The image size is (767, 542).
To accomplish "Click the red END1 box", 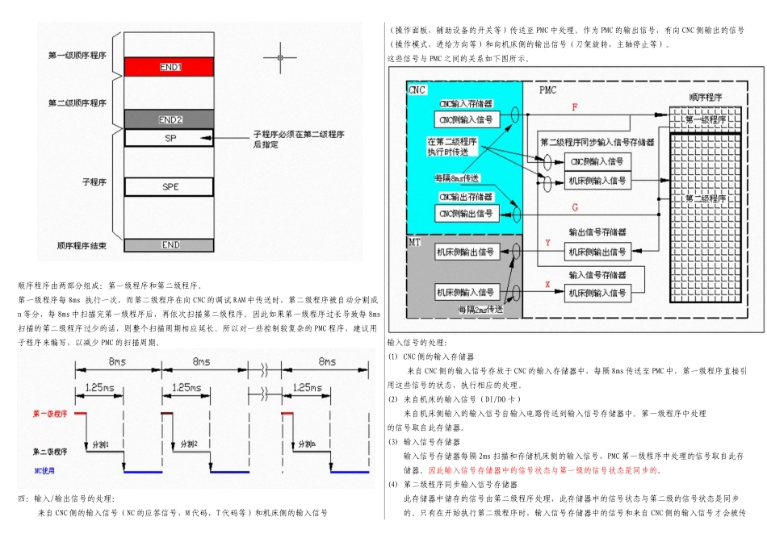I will [169, 66].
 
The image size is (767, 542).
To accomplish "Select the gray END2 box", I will [169, 119].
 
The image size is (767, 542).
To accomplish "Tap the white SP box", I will [169, 138].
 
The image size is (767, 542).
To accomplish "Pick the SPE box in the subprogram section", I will [169, 186].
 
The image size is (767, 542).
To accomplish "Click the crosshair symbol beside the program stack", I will [279, 58].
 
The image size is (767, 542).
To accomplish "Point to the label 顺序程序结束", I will [82, 244].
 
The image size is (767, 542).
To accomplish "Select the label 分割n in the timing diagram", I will [307, 444].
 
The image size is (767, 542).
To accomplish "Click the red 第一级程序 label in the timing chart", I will [50, 414].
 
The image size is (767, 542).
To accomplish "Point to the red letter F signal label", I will [574, 107].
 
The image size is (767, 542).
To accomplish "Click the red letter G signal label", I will [574, 207].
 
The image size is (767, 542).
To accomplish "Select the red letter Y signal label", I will [547, 242].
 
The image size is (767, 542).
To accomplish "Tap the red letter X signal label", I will [547, 284].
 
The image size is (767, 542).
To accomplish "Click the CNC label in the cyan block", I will [417, 90].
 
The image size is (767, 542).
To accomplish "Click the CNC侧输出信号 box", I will [466, 213].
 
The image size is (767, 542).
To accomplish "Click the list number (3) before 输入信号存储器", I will [393, 442].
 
